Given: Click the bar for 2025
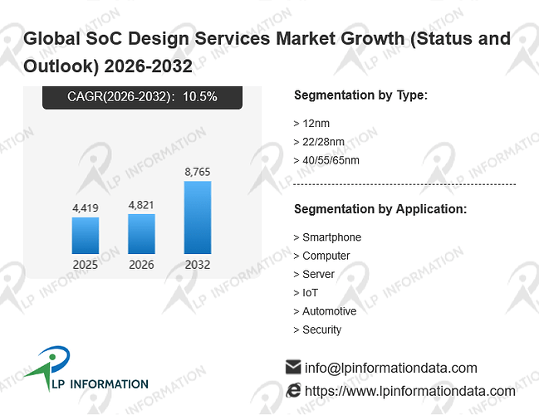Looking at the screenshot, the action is pyautogui.click(x=86, y=236).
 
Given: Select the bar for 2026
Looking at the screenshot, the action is pyautogui.click(x=142, y=234).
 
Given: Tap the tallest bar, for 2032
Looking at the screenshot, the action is pyautogui.click(x=198, y=217).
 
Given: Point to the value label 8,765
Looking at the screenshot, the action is pyautogui.click(x=198, y=172).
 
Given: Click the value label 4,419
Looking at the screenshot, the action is pyautogui.click(x=86, y=207).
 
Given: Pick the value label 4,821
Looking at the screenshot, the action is pyautogui.click(x=141, y=205).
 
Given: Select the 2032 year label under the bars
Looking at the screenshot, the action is pyautogui.click(x=198, y=265).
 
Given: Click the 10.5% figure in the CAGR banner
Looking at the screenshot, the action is pyautogui.click(x=199, y=96).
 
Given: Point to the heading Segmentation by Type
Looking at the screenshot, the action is pyautogui.click(x=361, y=95).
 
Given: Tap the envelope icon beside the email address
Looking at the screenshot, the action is pyautogui.click(x=293, y=367).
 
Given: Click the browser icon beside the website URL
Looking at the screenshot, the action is pyautogui.click(x=293, y=391).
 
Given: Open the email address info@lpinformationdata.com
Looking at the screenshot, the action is pyautogui.click(x=391, y=368).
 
